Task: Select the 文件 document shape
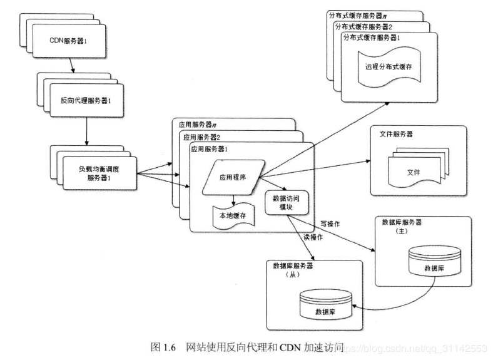pos(413,171)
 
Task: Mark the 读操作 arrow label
pos(313,237)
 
